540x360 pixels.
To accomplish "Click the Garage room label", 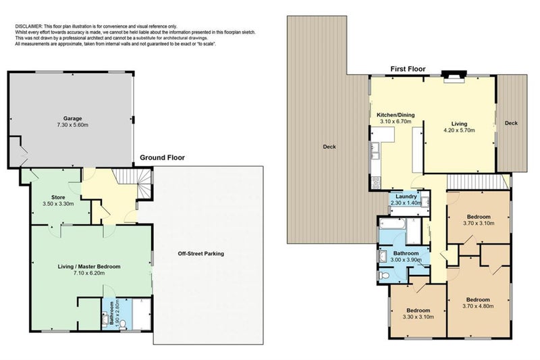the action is click(x=72, y=118).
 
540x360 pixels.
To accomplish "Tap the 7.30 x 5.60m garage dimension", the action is click(x=72, y=125).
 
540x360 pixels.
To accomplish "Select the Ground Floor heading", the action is click(x=162, y=158).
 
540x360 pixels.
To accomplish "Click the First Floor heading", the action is click(x=408, y=69).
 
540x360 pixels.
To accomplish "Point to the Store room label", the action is click(x=58, y=197).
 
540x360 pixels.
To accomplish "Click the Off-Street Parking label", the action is click(x=200, y=253).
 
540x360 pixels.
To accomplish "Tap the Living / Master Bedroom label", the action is click(x=89, y=267).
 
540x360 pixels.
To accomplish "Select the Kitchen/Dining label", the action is click(x=396, y=115).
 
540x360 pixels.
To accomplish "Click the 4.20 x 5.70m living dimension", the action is click(x=459, y=130).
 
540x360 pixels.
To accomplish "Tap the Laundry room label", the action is click(x=406, y=197).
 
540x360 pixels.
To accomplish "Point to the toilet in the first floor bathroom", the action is click(x=383, y=276).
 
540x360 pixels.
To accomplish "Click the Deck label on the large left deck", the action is click(x=329, y=147).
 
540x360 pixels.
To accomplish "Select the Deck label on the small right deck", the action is click(x=511, y=123).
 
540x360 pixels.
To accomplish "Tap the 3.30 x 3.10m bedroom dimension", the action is click(x=418, y=317).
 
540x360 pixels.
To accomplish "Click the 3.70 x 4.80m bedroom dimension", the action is click(x=478, y=306).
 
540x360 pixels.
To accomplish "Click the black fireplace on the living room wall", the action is click(x=454, y=74).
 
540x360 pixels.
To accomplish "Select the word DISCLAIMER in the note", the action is click(x=28, y=26).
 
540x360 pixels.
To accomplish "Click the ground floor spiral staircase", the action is click(x=144, y=184).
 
